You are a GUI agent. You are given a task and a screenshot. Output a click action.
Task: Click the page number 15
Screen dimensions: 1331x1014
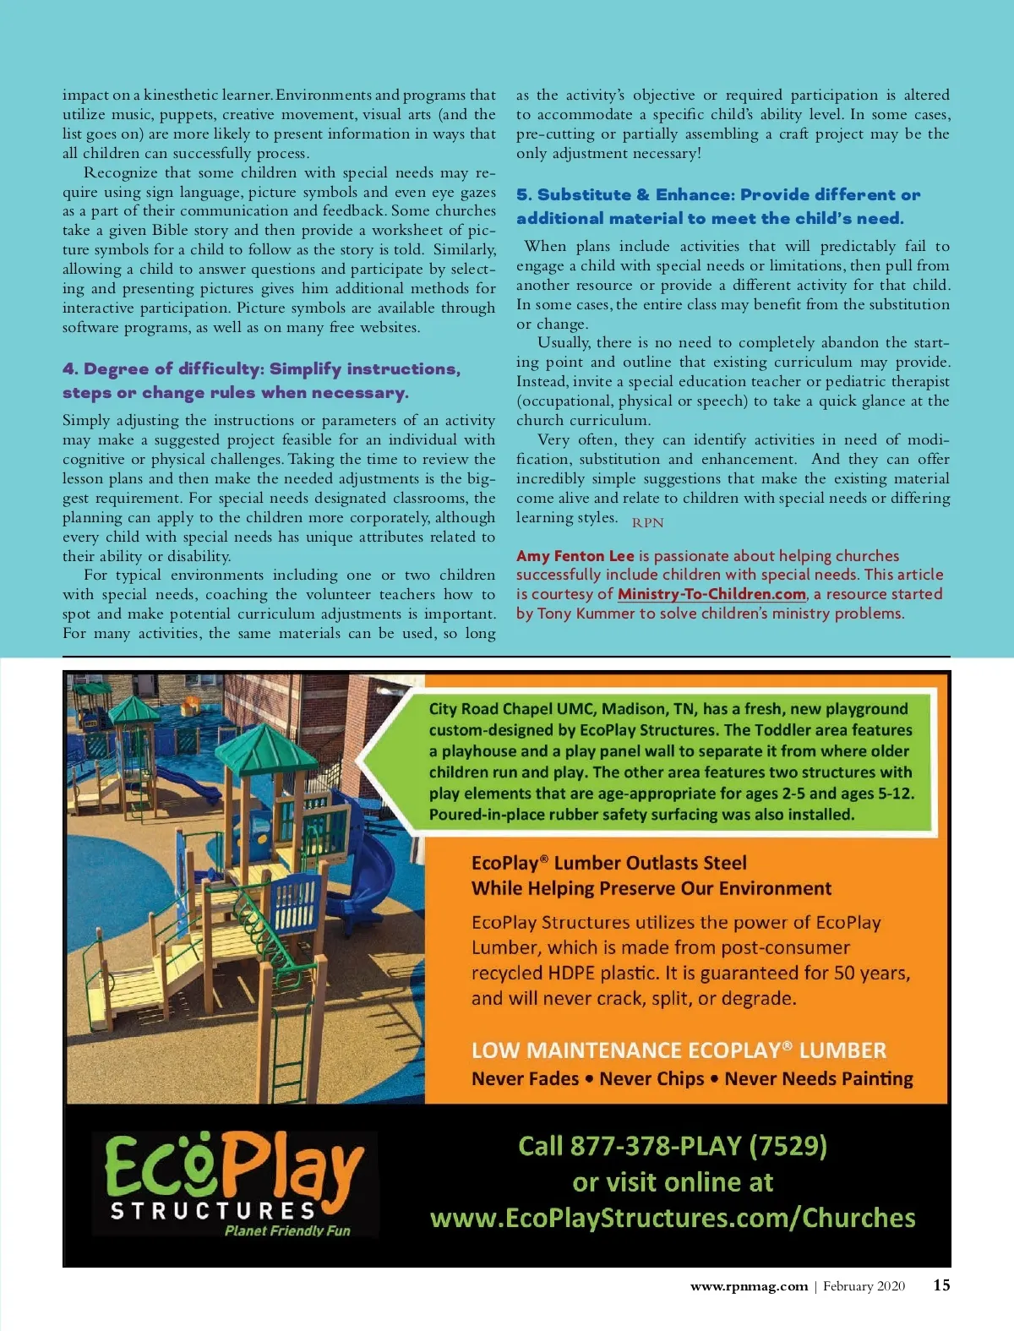941,1285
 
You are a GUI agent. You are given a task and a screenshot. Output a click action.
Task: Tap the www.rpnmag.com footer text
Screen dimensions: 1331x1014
749,1286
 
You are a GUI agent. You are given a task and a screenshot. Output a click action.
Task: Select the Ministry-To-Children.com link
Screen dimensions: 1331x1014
711,594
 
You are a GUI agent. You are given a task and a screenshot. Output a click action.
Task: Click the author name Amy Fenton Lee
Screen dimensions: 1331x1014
575,556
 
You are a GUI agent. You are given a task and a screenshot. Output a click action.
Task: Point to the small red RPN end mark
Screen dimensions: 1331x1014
647,523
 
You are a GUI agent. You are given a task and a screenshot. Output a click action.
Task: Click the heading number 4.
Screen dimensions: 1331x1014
69,369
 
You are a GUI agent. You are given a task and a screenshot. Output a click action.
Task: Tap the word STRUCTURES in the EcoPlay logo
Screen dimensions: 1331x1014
213,1211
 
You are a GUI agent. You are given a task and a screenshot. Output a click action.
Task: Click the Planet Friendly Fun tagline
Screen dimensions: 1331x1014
287,1231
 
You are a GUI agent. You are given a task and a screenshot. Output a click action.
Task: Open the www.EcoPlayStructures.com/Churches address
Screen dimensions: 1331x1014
673,1218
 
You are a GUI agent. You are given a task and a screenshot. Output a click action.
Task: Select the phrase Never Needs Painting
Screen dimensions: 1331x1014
819,1079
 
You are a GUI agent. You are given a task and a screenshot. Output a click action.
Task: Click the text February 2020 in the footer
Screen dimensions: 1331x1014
864,1286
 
